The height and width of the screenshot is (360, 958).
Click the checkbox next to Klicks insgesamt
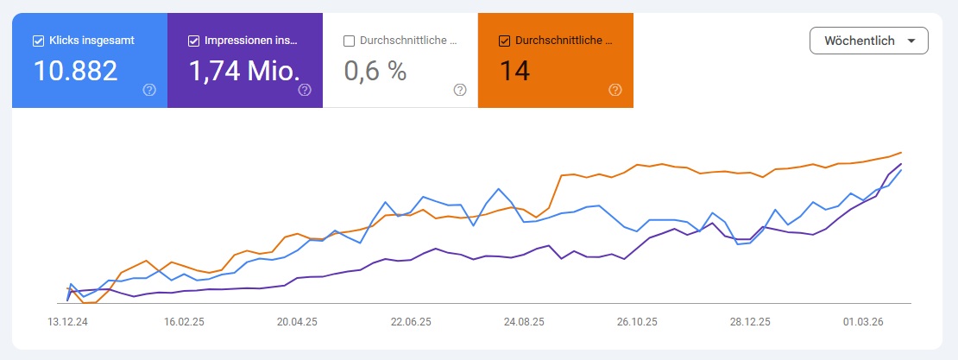pos(38,41)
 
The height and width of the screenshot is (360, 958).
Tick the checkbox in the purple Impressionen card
pos(193,41)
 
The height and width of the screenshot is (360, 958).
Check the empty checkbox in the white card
pos(349,41)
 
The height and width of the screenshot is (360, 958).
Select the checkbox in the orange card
pos(504,41)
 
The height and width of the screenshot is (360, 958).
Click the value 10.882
pos(75,71)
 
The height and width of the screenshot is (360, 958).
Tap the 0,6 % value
pos(375,71)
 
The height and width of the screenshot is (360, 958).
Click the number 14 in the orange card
pos(514,71)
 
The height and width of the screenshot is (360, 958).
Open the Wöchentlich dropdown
pos(868,41)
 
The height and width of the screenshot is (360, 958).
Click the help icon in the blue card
pos(149,90)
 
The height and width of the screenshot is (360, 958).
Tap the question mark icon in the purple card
pos(305,90)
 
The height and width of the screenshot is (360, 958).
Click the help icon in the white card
pos(460,90)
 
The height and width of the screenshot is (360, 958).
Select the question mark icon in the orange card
pos(615,90)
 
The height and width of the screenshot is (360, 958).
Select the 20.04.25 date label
pos(298,320)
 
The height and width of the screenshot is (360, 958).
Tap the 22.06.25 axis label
pos(411,320)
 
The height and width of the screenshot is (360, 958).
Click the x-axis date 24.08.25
pos(524,320)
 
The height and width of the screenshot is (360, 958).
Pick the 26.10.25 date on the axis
pos(636,320)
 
